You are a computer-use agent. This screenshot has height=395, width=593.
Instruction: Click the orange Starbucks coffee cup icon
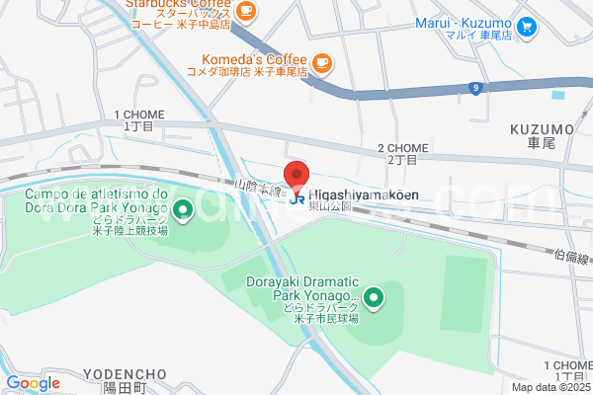point(246,12)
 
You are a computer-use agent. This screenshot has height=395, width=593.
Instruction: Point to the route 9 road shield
point(476,89)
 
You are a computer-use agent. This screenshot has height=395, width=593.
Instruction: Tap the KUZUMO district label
point(542,129)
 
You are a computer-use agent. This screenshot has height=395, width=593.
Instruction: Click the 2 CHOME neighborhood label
point(402,148)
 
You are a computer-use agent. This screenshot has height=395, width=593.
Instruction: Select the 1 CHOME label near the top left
point(139,116)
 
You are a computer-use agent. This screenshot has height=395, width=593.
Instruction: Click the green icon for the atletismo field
point(183,209)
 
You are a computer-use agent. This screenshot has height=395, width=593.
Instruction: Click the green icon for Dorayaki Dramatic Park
point(373,295)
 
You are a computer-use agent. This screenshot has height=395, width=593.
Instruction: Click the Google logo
point(33,383)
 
